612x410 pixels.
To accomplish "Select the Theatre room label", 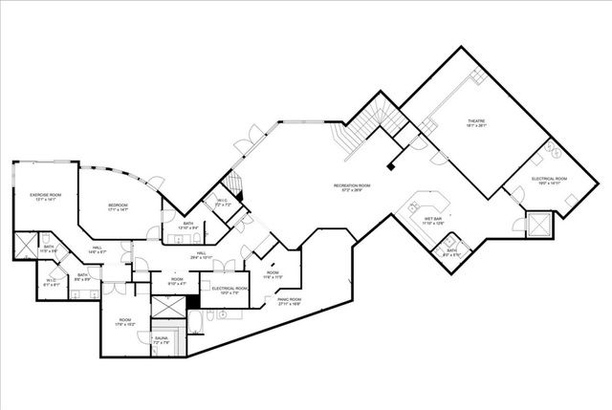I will pos(476,122).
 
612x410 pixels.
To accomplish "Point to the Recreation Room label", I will pos(351,186).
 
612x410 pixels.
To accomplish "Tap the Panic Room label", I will pos(289,300).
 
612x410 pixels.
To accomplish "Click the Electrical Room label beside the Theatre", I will pos(550,180).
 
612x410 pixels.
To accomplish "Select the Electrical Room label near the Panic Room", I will pos(229,290).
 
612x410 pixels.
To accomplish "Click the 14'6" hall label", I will pos(98,250).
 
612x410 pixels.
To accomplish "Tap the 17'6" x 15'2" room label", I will pos(124,321).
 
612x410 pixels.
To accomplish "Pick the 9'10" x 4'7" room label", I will pos(177,281).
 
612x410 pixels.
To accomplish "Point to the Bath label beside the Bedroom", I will pos(188,226).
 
